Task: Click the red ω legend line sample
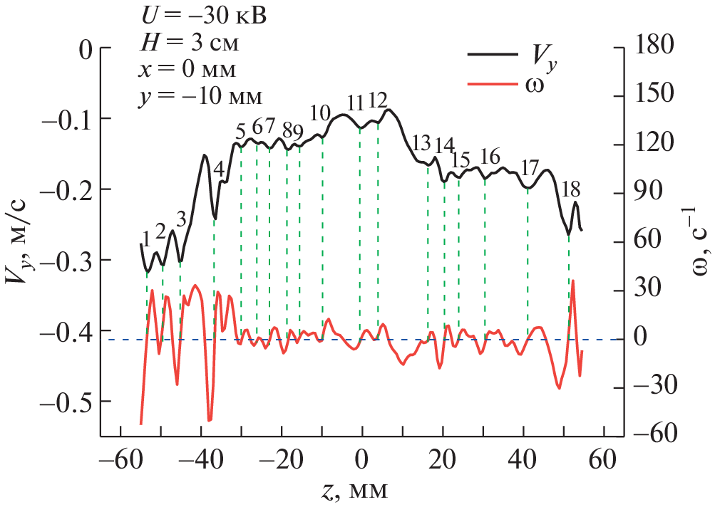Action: coord(492,84)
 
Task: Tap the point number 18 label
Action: coord(571,189)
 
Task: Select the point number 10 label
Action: coord(321,113)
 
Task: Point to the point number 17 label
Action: coord(529,169)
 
